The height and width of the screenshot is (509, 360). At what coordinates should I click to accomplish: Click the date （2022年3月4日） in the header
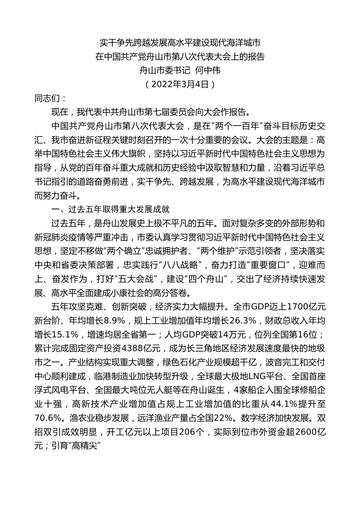[x=180, y=84]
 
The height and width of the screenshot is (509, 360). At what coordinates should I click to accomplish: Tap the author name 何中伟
[x=207, y=70]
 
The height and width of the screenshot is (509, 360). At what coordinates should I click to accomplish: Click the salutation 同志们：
[x=50, y=98]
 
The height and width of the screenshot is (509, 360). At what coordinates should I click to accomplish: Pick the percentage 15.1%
[x=64, y=334]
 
